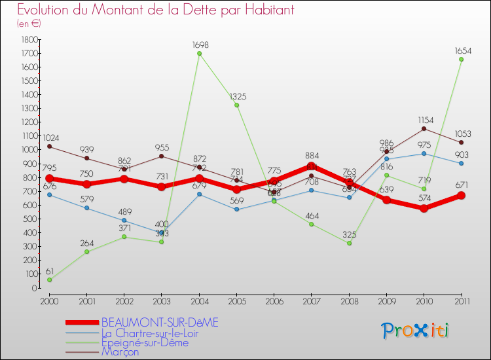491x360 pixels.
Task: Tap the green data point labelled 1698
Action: pyautogui.click(x=200, y=54)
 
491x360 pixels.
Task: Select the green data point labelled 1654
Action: pyautogui.click(x=462, y=60)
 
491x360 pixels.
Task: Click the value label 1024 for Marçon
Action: pyautogui.click(x=51, y=138)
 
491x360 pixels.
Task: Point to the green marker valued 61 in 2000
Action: pyautogui.click(x=49, y=280)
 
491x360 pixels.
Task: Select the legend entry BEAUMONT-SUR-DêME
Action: pyautogui.click(x=160, y=322)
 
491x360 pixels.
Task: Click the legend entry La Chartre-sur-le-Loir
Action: pyautogui.click(x=159, y=333)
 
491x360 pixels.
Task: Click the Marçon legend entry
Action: pyautogui.click(x=120, y=352)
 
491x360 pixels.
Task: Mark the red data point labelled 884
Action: pyautogui.click(x=312, y=166)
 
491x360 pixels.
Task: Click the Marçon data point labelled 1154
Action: pyautogui.click(x=424, y=128)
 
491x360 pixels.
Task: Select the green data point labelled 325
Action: pyautogui.click(x=349, y=243)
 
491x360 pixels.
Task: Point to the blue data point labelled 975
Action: pyautogui.click(x=424, y=153)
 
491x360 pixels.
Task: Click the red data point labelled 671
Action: pyautogui.click(x=462, y=195)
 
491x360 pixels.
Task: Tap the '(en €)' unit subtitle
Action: pyautogui.click(x=29, y=24)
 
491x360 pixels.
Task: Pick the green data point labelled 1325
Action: pyautogui.click(x=236, y=105)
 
